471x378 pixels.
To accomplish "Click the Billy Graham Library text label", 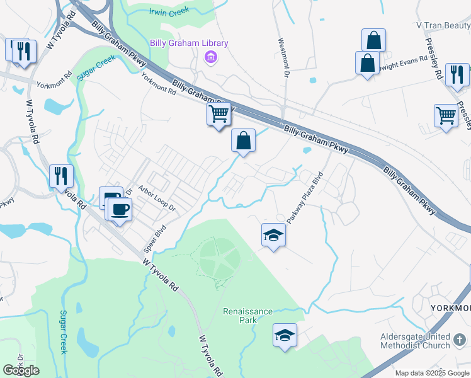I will tap(189, 43).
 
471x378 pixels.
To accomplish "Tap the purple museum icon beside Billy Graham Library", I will tap(210, 59).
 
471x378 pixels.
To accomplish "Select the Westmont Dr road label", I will tap(283, 58).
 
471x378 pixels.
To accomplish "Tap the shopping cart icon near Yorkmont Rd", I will tap(218, 114).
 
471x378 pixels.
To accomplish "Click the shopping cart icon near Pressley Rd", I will tap(446, 115).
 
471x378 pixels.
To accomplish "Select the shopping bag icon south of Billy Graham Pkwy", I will tap(243, 141).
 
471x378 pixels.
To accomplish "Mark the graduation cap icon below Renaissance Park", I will tap(285, 334).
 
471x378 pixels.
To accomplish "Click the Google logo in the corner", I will tap(21, 370).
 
